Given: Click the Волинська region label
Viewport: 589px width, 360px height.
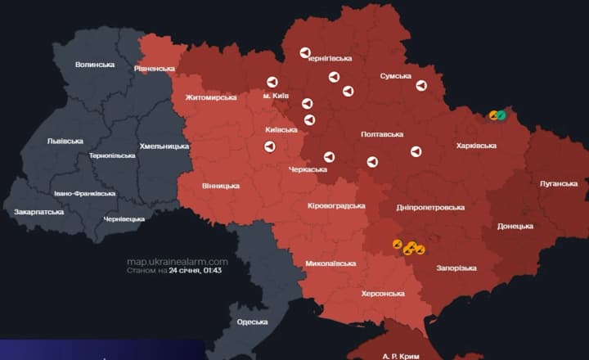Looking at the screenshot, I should (x=95, y=65).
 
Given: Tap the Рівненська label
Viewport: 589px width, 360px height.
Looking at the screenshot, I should (x=155, y=69).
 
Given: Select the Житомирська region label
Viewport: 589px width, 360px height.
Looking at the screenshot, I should (x=211, y=97).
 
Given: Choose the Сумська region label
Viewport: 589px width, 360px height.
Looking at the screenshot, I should (x=396, y=76).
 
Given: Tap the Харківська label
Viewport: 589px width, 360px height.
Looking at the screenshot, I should (x=476, y=146).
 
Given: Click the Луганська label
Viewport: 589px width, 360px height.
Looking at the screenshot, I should (x=559, y=183).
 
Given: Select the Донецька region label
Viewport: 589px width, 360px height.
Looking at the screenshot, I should (x=515, y=226).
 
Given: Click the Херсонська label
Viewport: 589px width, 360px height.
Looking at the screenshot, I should (x=383, y=294).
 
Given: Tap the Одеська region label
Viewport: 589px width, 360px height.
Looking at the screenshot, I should (x=252, y=322).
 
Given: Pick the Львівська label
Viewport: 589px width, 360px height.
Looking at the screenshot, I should (x=65, y=141).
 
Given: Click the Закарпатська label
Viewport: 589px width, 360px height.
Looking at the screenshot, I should (x=38, y=212).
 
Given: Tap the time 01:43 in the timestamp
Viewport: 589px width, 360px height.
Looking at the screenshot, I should (x=213, y=270).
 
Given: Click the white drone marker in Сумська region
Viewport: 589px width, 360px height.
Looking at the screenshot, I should (x=421, y=85).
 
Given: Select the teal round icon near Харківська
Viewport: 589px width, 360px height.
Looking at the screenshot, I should (x=501, y=115).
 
